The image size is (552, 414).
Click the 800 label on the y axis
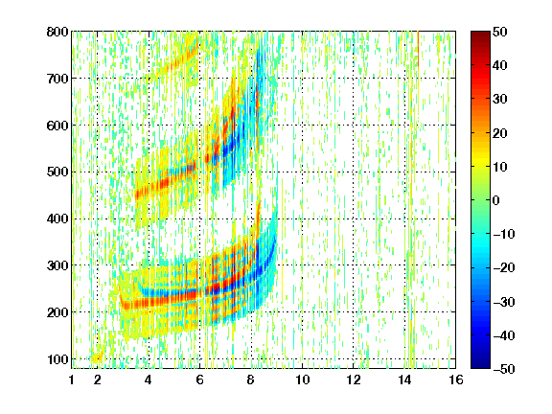57,32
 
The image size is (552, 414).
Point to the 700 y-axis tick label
57,79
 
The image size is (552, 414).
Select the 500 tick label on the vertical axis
57,172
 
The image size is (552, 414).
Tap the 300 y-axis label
57,265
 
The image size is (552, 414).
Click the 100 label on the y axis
57,359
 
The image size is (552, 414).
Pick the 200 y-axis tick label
57,312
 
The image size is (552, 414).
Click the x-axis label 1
72,379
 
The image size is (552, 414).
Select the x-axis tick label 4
149,379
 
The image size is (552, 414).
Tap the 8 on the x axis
250,379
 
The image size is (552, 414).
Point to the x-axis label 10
303,379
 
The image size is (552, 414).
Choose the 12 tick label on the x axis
354,379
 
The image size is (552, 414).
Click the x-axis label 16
456,379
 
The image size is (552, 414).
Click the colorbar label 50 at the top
499,32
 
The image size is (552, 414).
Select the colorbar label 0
496,200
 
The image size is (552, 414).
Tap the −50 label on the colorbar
504,369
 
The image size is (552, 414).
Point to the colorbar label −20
504,267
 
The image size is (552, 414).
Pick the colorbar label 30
499,100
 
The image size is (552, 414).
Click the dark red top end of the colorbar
480,34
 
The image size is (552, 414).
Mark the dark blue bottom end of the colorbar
480,366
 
